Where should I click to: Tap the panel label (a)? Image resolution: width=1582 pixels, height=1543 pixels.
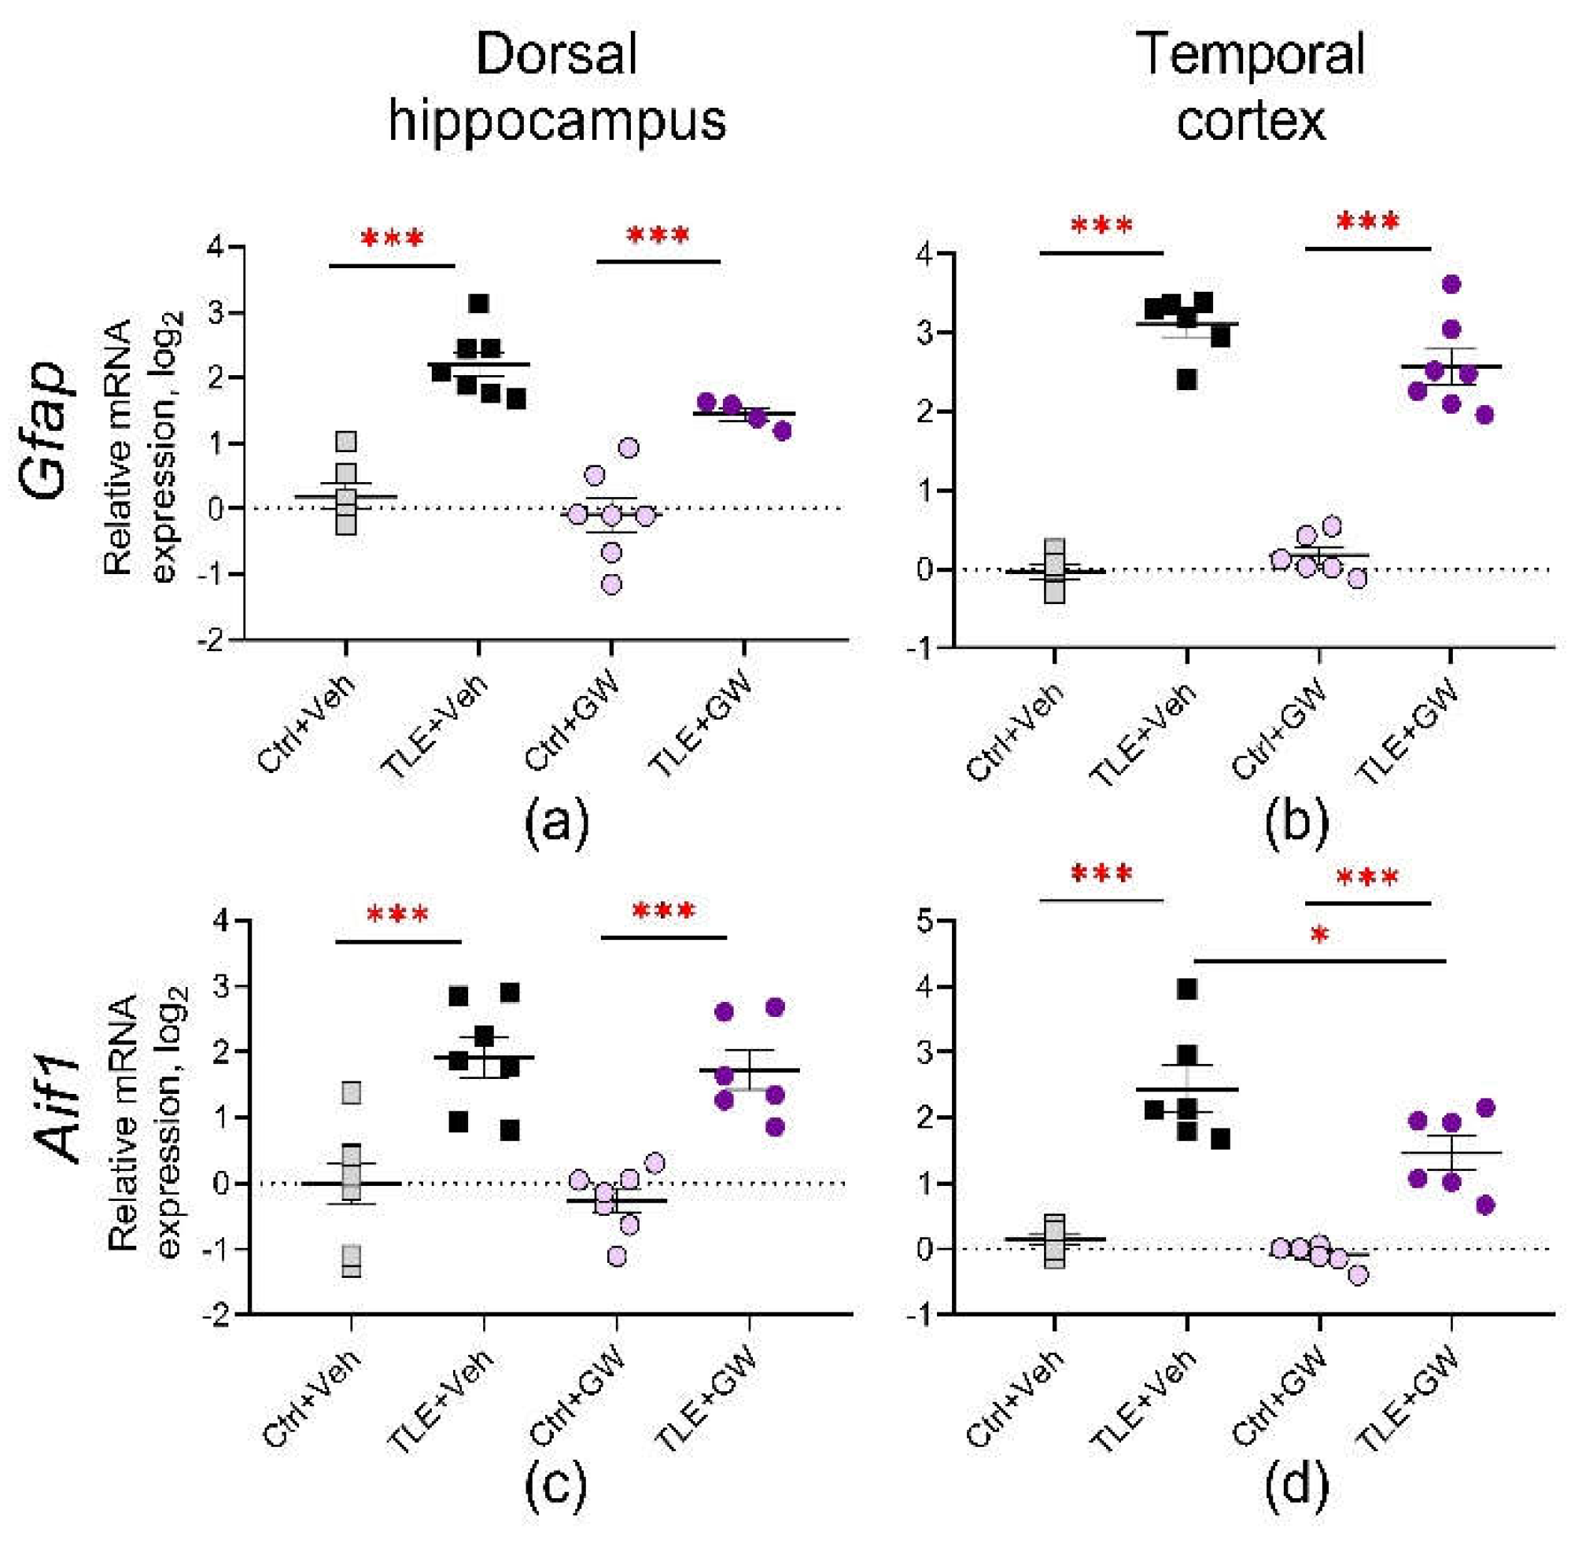pyautogui.click(x=557, y=822)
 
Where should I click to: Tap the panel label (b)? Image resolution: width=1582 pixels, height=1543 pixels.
pyautogui.click(x=1296, y=822)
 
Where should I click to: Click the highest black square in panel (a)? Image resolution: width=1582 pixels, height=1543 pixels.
pyautogui.click(x=479, y=304)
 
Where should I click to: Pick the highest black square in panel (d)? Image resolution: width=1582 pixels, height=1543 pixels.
pyautogui.click(x=1187, y=989)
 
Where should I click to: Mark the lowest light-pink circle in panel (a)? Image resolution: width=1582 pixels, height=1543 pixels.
pyautogui.click(x=612, y=584)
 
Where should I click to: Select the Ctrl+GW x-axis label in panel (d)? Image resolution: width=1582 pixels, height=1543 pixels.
pyautogui.click(x=1279, y=1401)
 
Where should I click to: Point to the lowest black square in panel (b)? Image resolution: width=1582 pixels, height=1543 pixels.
pyautogui.click(x=1187, y=380)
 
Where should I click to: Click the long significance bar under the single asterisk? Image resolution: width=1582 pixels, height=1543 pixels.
pyautogui.click(x=1319, y=961)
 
